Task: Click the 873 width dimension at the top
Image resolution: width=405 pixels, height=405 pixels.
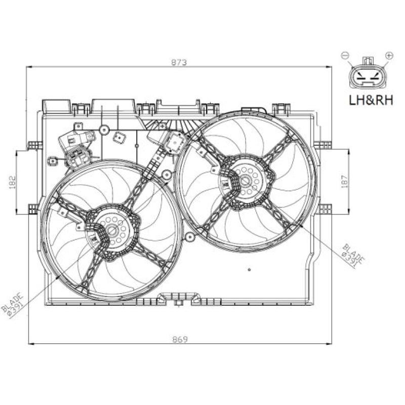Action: coord(179,62)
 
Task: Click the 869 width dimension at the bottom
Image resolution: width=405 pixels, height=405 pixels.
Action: coord(179,340)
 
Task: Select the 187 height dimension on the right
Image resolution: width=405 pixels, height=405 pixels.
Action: coord(345,181)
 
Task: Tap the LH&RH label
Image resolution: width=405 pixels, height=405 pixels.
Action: coord(371,100)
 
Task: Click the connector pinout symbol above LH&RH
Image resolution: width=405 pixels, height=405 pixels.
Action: coord(368,75)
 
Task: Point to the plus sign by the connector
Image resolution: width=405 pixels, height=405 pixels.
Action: coord(389,55)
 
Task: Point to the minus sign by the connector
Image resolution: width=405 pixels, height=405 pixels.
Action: coord(346,55)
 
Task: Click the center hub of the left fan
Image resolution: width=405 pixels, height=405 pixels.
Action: coord(111,231)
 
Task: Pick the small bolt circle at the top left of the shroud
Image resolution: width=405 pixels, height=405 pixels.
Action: coord(103,130)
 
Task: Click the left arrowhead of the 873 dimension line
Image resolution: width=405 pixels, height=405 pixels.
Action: coord(29,66)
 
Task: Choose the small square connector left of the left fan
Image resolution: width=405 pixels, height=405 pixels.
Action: coord(52,161)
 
